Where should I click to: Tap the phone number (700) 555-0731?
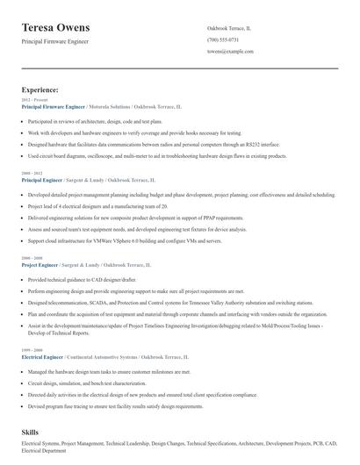(x=223, y=39)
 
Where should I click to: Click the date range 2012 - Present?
(x=32, y=100)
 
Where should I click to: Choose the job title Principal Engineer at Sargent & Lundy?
(x=41, y=179)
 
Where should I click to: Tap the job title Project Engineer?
(x=39, y=264)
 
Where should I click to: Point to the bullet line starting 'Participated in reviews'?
(x=83, y=121)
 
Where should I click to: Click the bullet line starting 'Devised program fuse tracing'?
(x=114, y=406)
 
